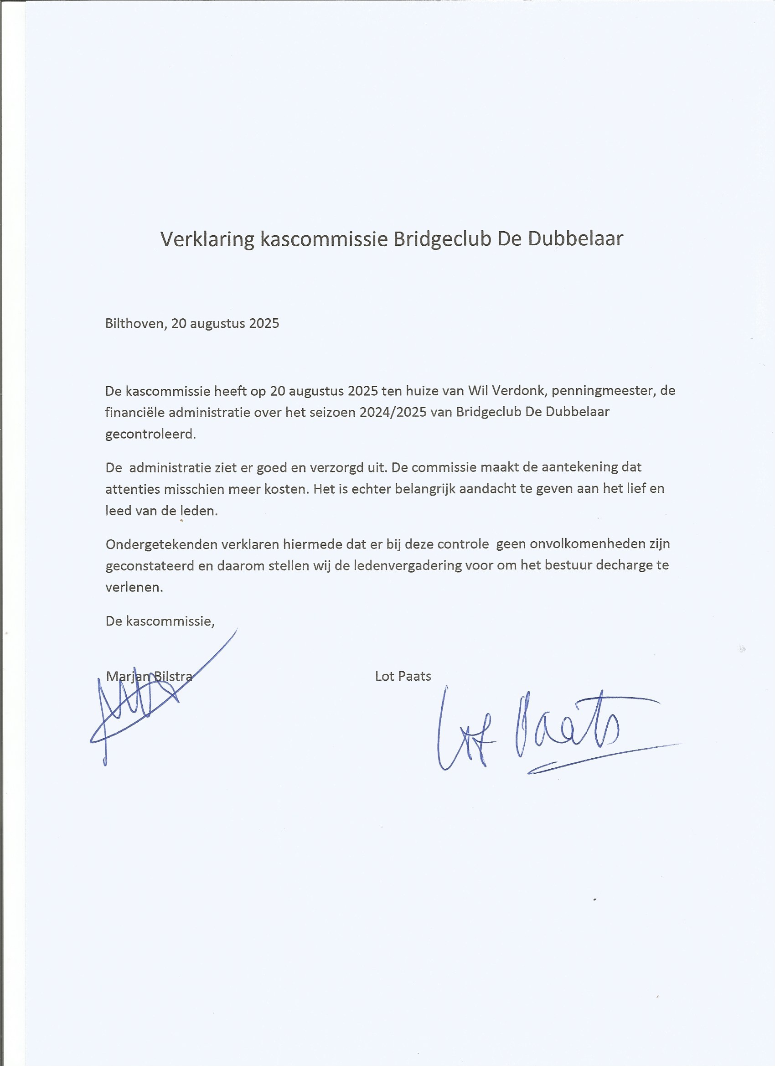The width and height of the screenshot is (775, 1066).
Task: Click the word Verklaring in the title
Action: pos(207,239)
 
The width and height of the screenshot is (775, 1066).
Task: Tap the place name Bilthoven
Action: pos(135,323)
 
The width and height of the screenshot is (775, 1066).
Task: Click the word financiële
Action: pos(135,412)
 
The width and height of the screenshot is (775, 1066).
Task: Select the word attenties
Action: pos(133,489)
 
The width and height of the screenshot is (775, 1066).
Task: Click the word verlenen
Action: pos(134,588)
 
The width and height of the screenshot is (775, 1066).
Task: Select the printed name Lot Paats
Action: pos(403,676)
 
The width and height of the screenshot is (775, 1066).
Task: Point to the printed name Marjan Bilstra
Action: pos(149,677)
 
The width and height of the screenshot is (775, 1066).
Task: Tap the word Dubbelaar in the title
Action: pos(575,239)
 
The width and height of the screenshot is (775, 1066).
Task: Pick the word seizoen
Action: pos(332,412)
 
